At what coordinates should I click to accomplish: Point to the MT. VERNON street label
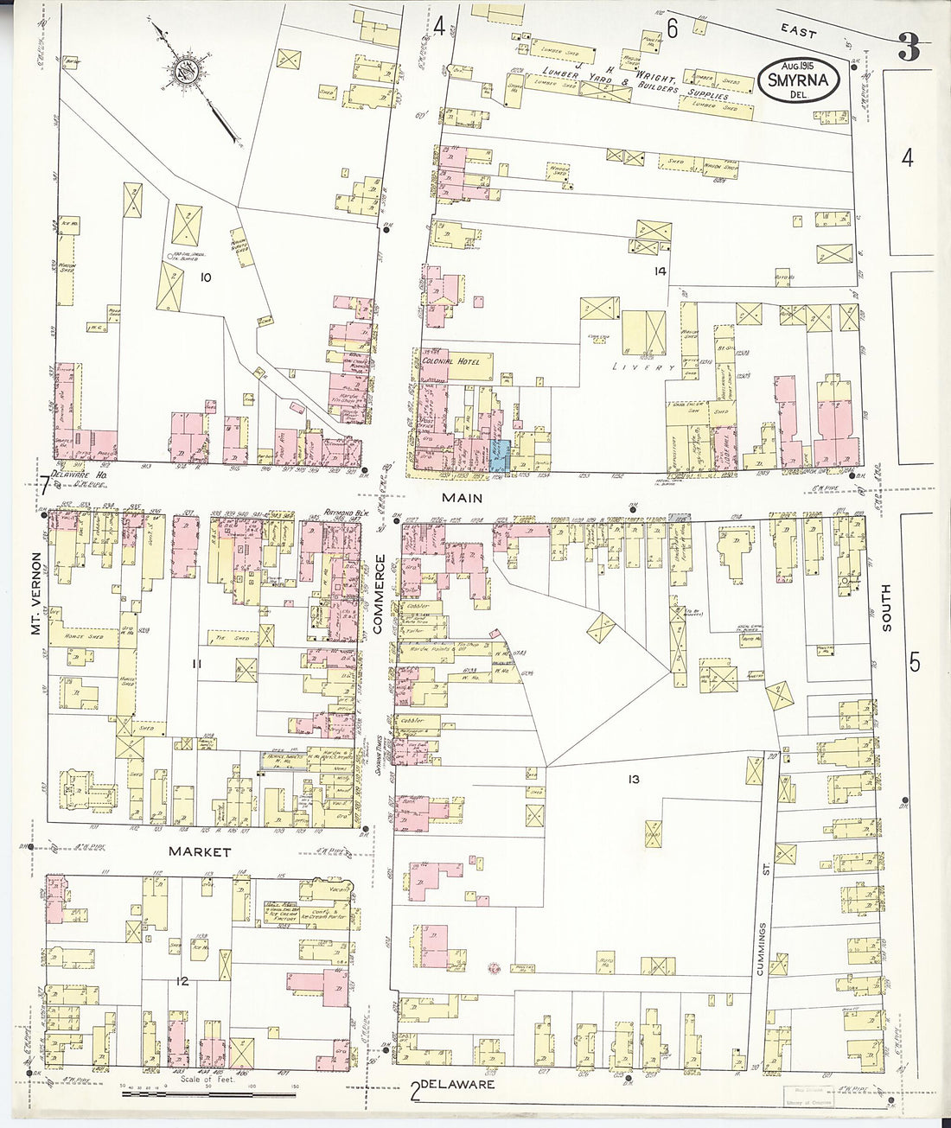click(x=36, y=594)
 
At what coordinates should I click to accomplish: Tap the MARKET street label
click(x=200, y=851)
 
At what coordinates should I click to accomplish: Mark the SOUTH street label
click(x=886, y=608)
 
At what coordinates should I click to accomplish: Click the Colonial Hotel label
click(x=456, y=360)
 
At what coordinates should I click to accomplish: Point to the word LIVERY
click(x=643, y=367)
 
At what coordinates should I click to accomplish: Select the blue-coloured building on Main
click(x=499, y=454)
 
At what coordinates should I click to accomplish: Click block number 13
click(x=634, y=780)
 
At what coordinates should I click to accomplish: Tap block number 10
click(x=205, y=277)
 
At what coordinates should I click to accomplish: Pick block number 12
click(x=182, y=981)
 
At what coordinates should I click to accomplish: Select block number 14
click(x=661, y=271)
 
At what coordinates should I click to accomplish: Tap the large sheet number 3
click(x=908, y=48)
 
